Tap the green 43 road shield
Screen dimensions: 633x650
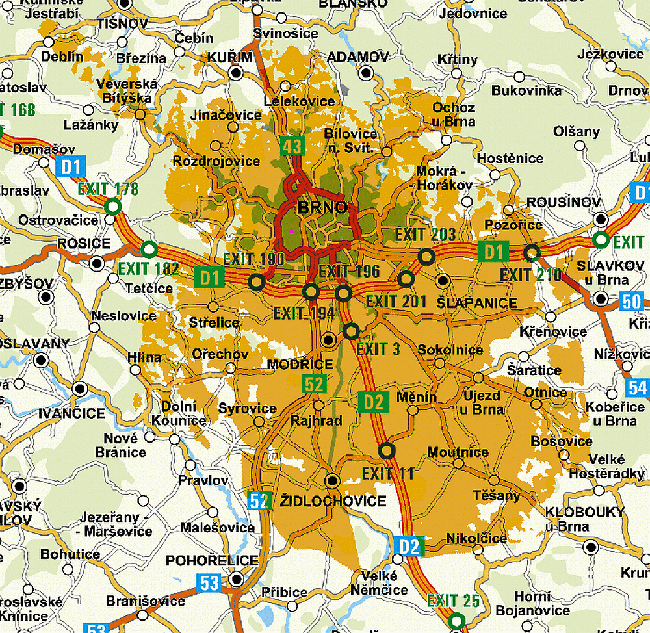(292, 146)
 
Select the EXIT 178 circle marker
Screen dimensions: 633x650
(113, 207)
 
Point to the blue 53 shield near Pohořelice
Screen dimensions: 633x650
(209, 582)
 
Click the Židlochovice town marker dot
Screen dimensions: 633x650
(333, 481)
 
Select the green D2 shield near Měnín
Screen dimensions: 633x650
(374, 402)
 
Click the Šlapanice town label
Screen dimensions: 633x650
(477, 303)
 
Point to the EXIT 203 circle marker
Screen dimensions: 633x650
(426, 256)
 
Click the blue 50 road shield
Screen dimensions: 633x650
(631, 301)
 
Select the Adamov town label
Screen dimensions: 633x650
(357, 57)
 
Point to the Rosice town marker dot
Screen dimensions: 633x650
(97, 263)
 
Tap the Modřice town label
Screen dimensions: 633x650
(300, 365)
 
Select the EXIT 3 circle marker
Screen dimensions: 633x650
(351, 331)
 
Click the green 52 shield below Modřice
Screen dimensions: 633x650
(314, 383)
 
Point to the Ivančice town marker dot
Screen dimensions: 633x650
(80, 389)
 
